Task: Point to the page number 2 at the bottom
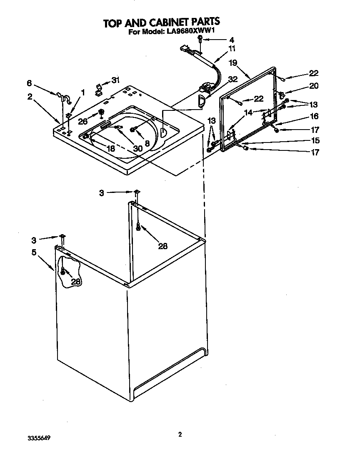(x=180, y=435)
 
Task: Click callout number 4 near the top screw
(x=231, y=40)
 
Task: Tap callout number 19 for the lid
(x=233, y=63)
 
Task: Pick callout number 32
(x=233, y=79)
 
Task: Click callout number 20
(x=314, y=86)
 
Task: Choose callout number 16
(x=314, y=117)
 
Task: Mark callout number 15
(x=315, y=140)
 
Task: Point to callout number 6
(x=29, y=83)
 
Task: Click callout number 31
(x=115, y=80)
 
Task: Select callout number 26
(x=82, y=121)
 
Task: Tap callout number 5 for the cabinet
(x=33, y=252)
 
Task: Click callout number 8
(x=147, y=142)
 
